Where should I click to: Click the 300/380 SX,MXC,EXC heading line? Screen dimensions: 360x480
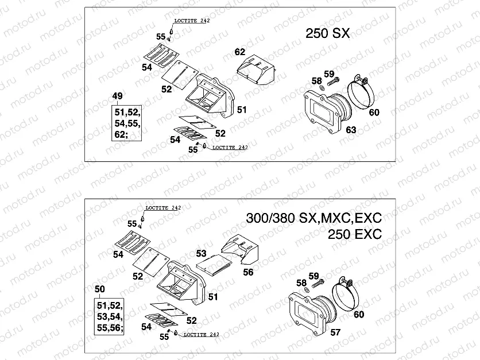pos(313,219)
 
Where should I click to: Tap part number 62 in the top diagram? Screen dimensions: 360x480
pos(239,52)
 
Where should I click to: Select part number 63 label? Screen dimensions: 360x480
pos(351,130)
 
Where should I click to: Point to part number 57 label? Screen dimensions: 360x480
pos(335,332)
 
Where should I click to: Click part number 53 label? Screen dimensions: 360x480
pos(200,253)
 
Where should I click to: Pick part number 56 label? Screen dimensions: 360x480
pos(247,273)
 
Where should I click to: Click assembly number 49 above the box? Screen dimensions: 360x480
pos(117,95)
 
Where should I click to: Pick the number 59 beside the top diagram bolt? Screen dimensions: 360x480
pos(328,73)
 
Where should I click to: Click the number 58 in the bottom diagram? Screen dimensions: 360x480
pos(301,282)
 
